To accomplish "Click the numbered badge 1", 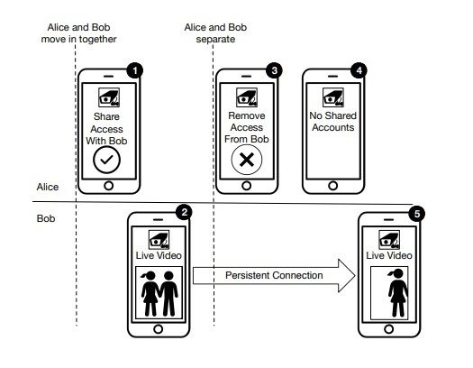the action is tap(135, 70).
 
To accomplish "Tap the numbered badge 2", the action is tap(185, 212).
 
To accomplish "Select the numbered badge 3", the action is tap(274, 70).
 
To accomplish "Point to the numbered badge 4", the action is tap(359, 70).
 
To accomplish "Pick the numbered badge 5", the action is tap(417, 214).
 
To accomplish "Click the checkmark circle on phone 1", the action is tap(107, 160).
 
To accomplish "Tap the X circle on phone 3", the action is tap(247, 160).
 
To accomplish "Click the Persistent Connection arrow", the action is tap(274, 275).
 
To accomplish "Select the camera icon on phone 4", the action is tap(333, 97).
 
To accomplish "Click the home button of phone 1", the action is tap(109, 186).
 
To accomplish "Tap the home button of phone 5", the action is tap(389, 328).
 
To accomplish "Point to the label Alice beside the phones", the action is tap(48, 187).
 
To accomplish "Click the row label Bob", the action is tap(46, 218).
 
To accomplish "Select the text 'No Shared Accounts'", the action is tap(333, 122).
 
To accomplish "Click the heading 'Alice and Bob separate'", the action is tap(215, 33).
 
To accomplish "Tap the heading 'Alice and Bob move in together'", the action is tap(78, 33).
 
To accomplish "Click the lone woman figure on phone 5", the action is tap(398, 292).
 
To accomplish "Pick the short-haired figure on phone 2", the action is tap(168, 293).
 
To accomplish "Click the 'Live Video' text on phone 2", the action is tap(159, 255).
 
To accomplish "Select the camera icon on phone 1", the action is tap(109, 97).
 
